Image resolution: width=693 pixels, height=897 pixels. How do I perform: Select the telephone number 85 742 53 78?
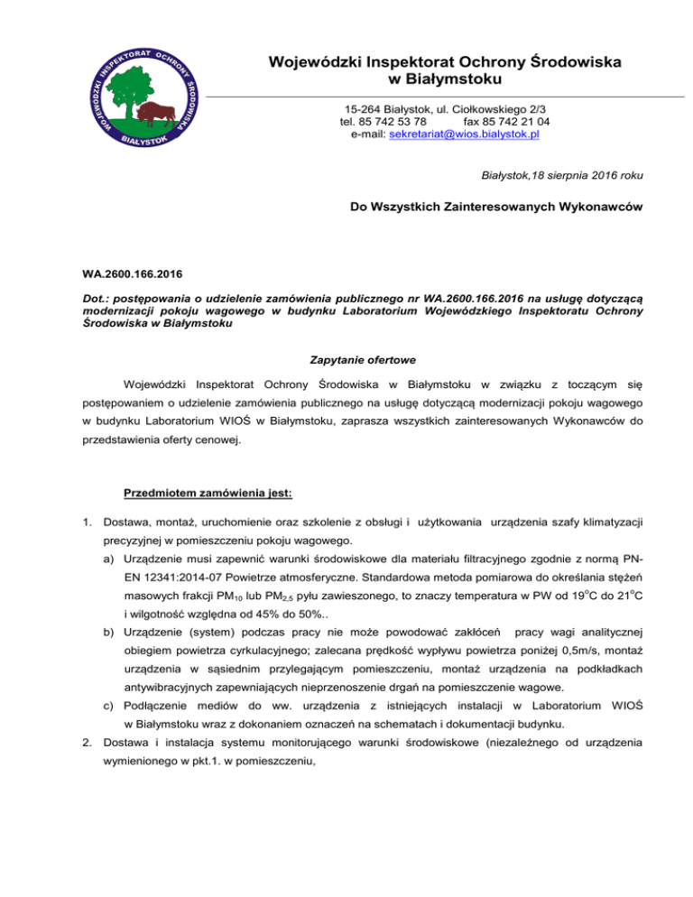(392, 121)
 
